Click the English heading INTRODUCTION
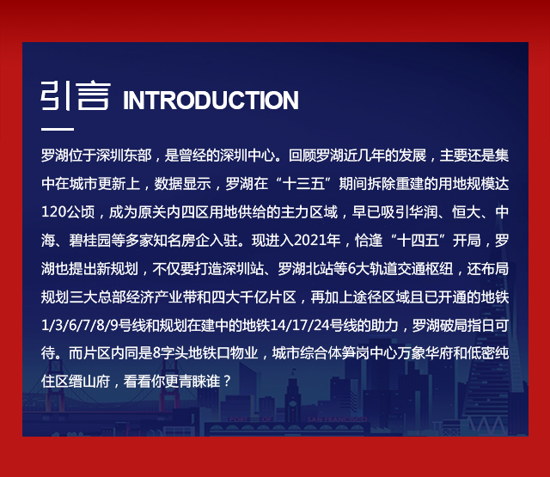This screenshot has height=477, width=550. (211, 101)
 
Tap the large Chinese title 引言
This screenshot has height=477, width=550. (76, 95)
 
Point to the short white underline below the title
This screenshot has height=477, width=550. (58, 129)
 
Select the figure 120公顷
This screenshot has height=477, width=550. (68, 212)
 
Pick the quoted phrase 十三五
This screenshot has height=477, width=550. (303, 184)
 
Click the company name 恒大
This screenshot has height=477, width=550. (466, 212)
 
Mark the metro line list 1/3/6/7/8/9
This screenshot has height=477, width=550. (80, 326)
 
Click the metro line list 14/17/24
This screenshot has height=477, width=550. (300, 326)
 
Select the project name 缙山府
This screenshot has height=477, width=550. (89, 382)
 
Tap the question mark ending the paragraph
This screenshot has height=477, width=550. (227, 382)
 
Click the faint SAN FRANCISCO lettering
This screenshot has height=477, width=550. (337, 419)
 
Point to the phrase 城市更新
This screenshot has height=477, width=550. (97, 184)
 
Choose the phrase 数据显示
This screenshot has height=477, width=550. (183, 184)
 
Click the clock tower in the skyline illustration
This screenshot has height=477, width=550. (292, 396)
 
